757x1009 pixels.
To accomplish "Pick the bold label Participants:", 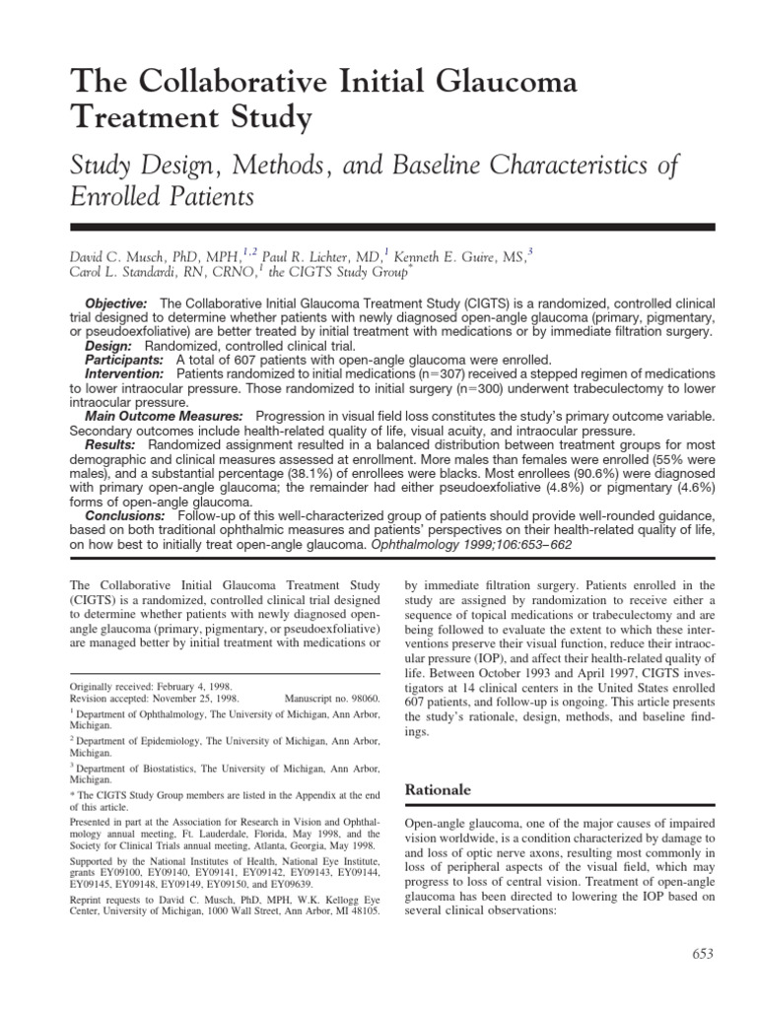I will tap(123, 361).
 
